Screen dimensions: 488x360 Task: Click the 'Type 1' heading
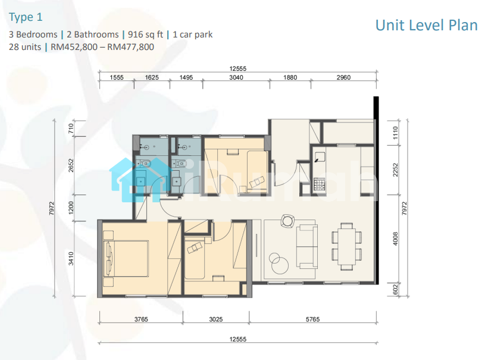coord(26,17)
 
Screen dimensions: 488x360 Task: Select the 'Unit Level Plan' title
coord(426,26)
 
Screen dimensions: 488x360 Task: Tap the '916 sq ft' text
coord(145,35)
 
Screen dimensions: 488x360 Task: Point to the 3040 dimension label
coord(236,77)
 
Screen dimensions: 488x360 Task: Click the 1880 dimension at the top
coord(290,77)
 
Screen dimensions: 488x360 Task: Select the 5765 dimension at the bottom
coord(312,319)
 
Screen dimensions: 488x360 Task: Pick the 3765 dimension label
coord(141,319)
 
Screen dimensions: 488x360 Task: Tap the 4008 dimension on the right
coord(395,239)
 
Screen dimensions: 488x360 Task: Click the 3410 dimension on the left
coord(71,259)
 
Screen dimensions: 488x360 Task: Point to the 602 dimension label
coord(395,290)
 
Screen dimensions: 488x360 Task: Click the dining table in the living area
coord(347,246)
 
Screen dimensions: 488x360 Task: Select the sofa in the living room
coord(307,246)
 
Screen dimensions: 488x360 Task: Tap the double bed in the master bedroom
coord(126,258)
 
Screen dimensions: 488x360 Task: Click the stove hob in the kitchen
coord(319,184)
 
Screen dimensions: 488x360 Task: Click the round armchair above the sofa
coord(287,221)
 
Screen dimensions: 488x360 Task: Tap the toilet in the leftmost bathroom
coord(144,162)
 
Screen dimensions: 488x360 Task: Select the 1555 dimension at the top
coord(117,77)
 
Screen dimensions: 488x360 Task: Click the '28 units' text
coord(25,47)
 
